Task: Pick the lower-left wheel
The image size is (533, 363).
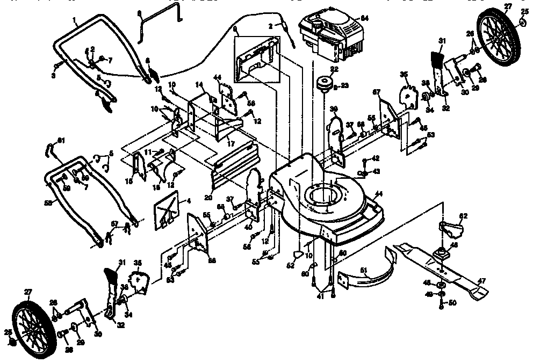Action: tap(32, 324)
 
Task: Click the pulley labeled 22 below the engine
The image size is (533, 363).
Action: tap(324, 85)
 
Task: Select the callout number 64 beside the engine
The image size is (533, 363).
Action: tap(364, 19)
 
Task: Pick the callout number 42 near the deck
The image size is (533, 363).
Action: tap(376, 158)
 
